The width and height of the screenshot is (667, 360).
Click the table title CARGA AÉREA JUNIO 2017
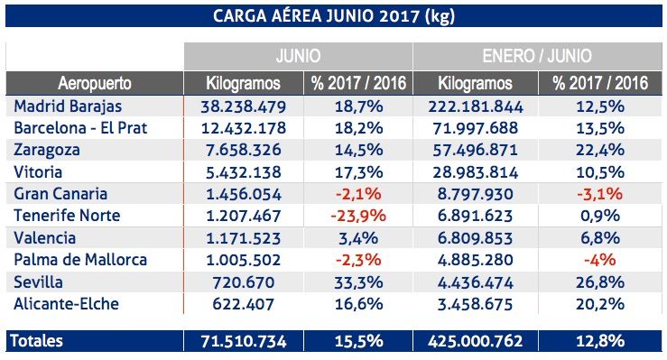click(x=333, y=16)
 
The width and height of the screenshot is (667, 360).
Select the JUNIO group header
click(x=298, y=54)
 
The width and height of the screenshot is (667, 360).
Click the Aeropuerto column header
click(x=94, y=83)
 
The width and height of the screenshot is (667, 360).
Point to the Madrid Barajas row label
click(x=62, y=106)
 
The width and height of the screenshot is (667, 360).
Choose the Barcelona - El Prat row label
click(x=80, y=128)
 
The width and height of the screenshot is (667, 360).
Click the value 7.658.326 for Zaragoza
click(x=243, y=150)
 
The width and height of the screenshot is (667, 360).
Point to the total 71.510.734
click(x=243, y=340)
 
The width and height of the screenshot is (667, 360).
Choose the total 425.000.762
click(x=477, y=340)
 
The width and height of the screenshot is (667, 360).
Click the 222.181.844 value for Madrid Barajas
click(x=477, y=106)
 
